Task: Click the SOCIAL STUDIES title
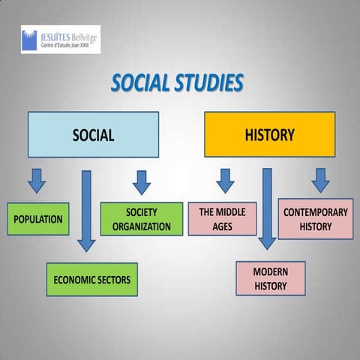coord(177,83)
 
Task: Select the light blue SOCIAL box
coord(93,135)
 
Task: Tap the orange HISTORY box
coord(269,135)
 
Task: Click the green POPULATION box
coord(38,219)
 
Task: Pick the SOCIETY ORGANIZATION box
coord(141,219)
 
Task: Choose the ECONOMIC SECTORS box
coord(91,280)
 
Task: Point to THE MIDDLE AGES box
coord(222,219)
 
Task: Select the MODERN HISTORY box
coord(270,278)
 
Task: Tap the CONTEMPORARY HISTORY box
coord(315,219)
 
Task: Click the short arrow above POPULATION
coord(37,180)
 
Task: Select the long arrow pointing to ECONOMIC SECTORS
coord(86,210)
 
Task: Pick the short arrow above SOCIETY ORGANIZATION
coord(141,181)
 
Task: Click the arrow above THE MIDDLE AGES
coord(224,180)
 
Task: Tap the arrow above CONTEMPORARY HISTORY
coord(320,179)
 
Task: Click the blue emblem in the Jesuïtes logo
coord(29,39)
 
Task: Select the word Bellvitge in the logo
coord(83,34)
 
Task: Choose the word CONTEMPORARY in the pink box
coord(315,212)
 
